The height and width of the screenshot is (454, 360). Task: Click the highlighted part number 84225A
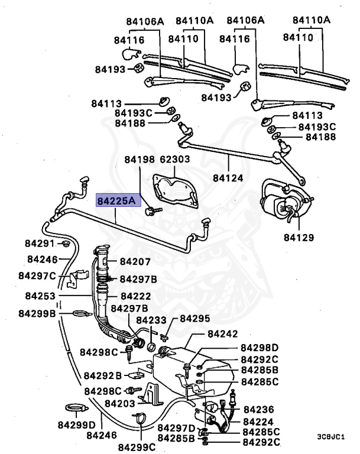tap(116, 202)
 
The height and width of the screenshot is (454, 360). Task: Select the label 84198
tap(139, 160)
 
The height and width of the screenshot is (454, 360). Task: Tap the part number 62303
tap(174, 160)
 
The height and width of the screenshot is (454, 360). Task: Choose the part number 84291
tap(39, 244)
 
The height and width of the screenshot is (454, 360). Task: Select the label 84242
tap(225, 335)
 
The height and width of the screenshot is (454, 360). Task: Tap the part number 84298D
tap(259, 347)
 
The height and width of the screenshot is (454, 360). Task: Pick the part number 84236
tap(258, 409)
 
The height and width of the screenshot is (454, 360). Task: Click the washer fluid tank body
tap(195, 369)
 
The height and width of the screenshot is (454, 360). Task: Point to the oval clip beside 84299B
tap(78, 313)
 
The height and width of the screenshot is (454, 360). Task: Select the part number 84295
tap(194, 319)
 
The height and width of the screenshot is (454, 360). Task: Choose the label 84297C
tap(37, 275)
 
